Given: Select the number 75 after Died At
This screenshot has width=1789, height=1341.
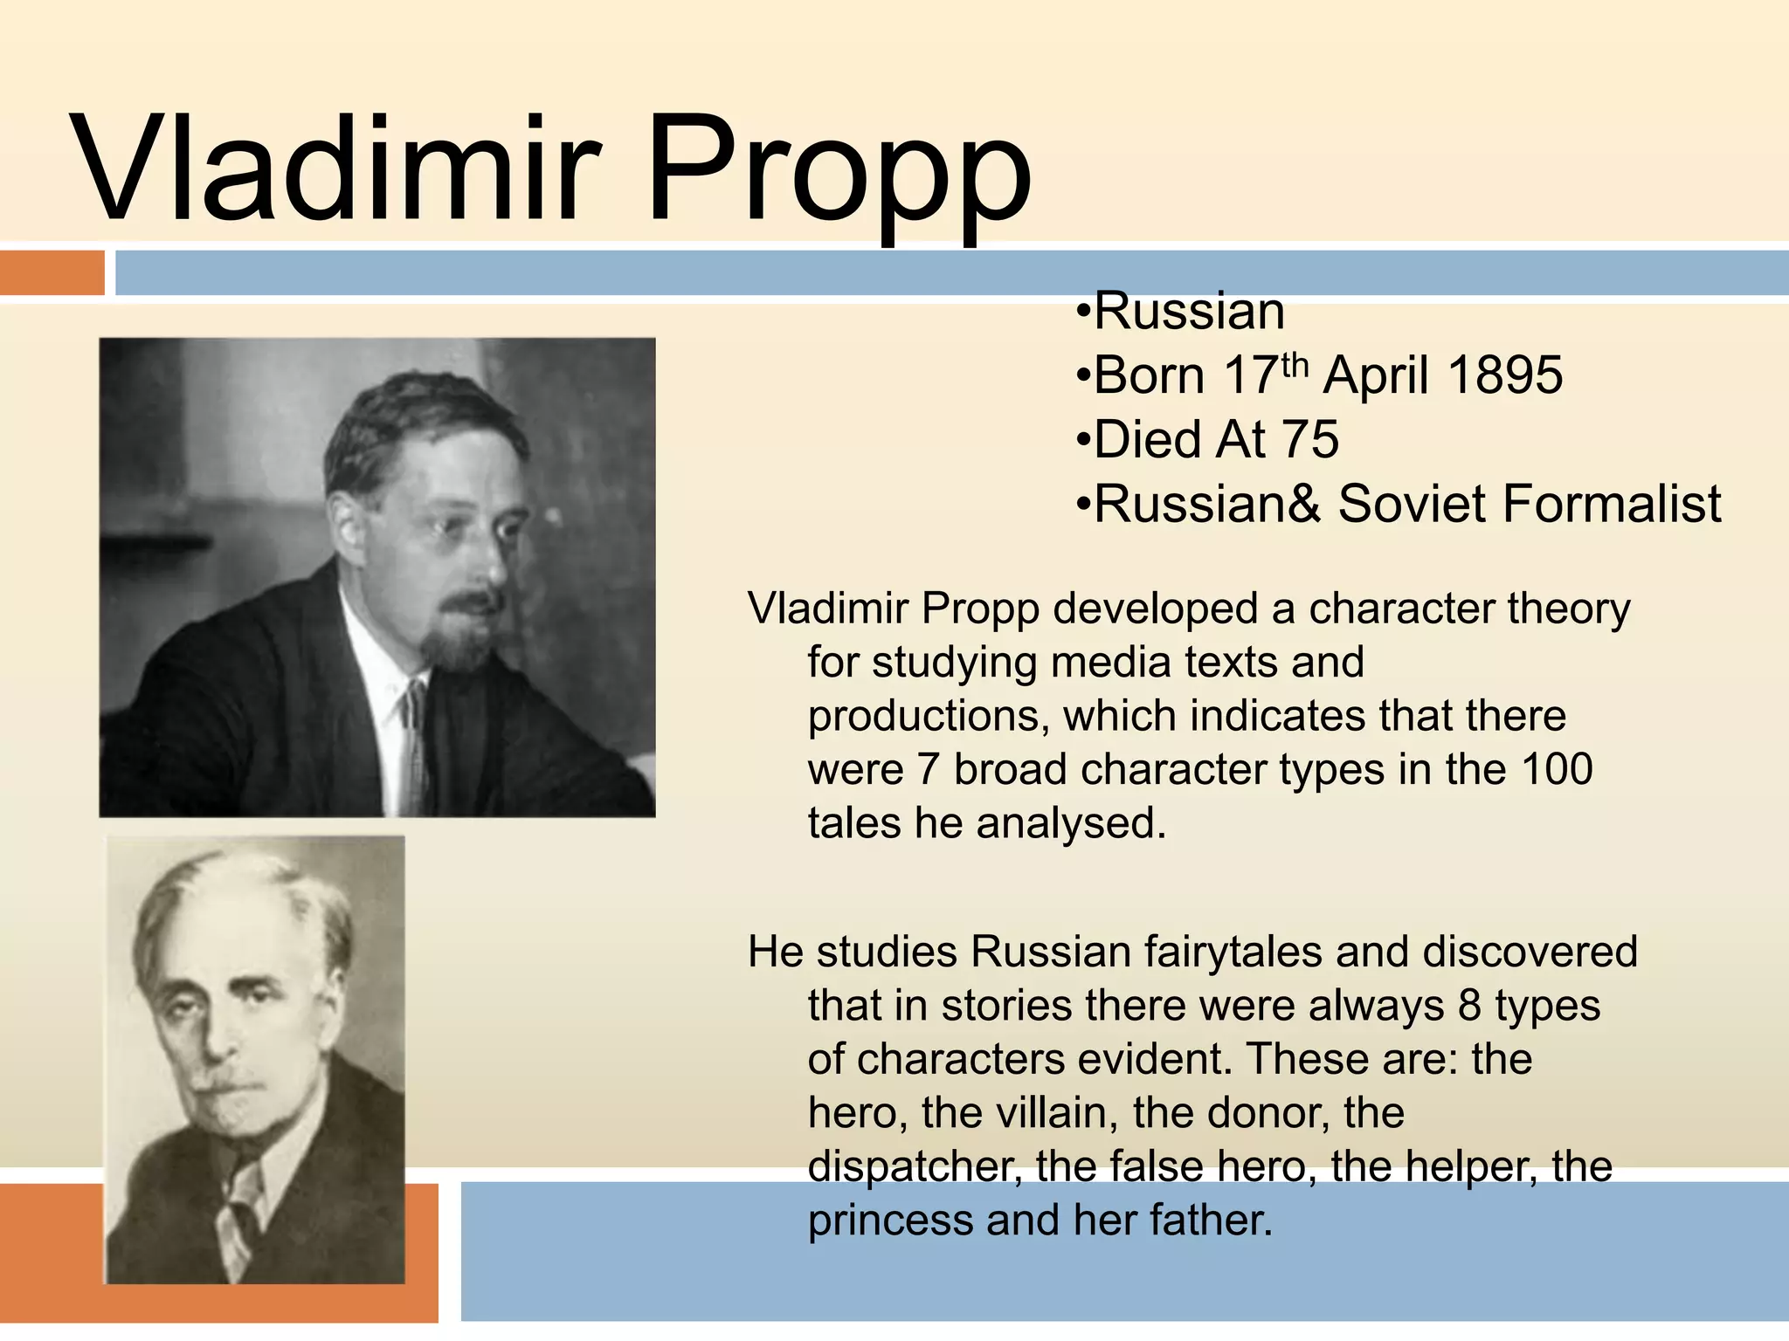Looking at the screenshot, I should point(1309,439).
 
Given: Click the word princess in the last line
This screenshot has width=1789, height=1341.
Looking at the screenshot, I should point(889,1221).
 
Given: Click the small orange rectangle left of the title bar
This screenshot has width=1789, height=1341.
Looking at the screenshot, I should point(52,272).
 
